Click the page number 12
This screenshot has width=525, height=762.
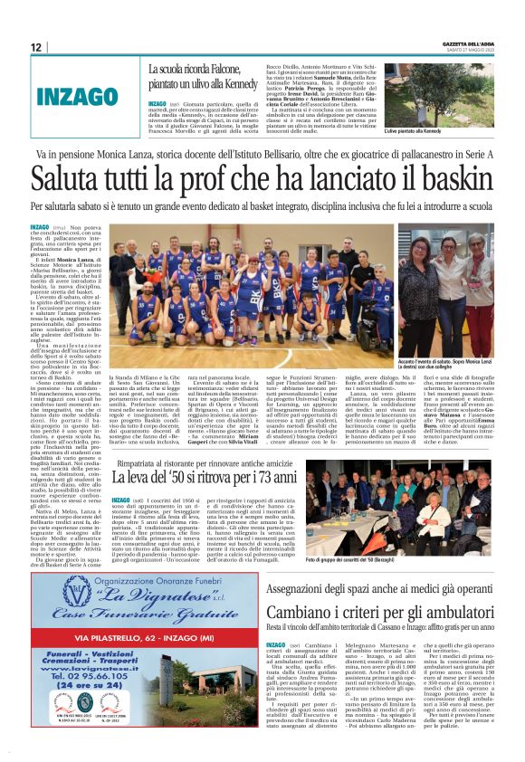click(36, 47)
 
